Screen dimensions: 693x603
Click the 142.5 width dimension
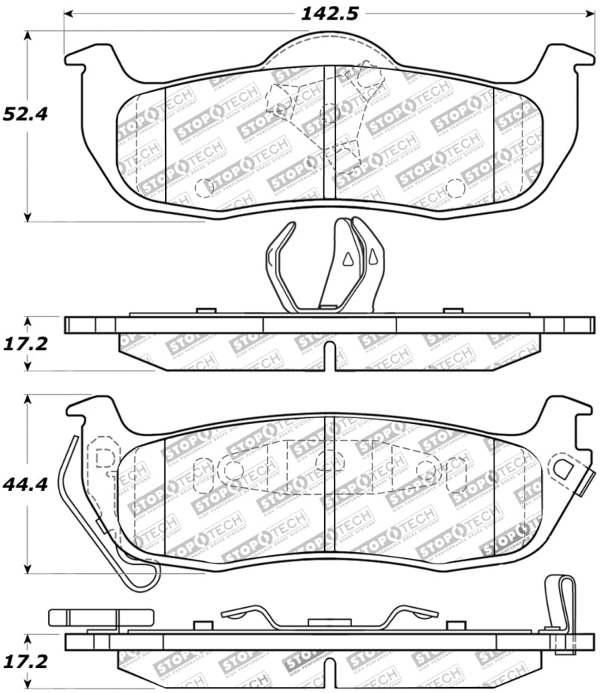(x=329, y=13)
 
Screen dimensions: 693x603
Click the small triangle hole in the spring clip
(x=347, y=259)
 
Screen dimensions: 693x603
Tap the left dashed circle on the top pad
(x=204, y=187)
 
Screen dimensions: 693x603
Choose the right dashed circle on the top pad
(x=454, y=187)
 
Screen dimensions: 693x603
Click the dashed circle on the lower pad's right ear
(x=562, y=469)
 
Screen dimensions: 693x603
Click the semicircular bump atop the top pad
(x=329, y=47)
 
